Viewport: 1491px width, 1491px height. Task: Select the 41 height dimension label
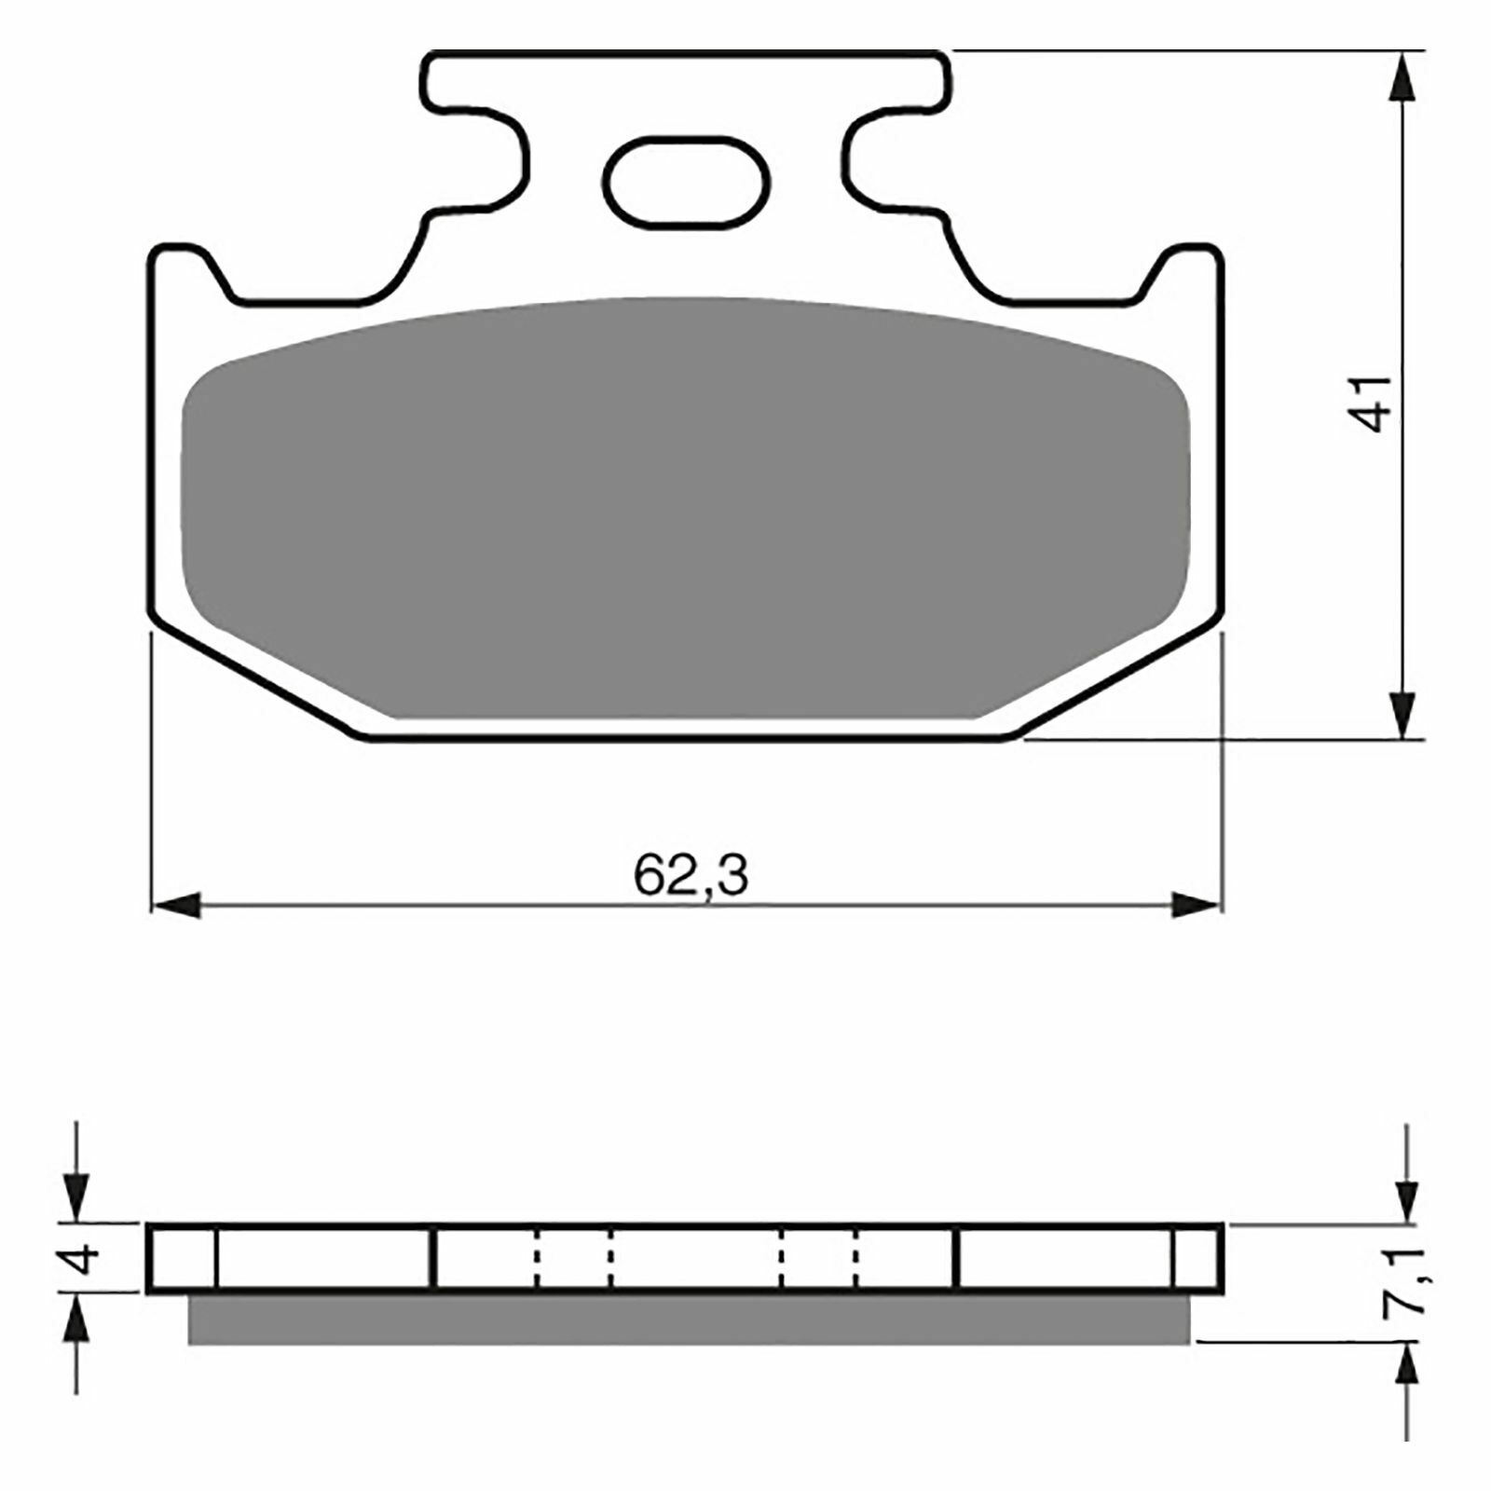click(x=1372, y=403)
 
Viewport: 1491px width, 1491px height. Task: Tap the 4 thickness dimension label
click(x=85, y=1258)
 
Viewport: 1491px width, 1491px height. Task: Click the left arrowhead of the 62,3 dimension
click(x=176, y=904)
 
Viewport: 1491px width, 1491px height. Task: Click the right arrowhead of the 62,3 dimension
click(x=1196, y=904)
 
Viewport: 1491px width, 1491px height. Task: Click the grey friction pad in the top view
click(x=687, y=508)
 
